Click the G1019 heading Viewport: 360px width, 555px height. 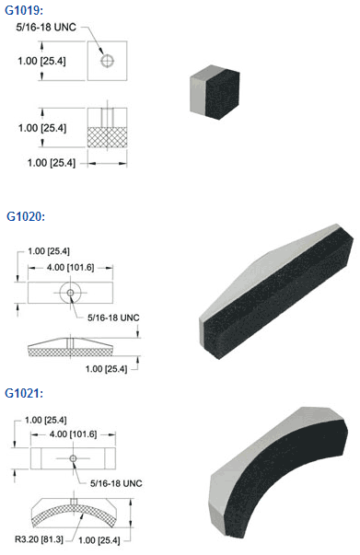[24, 10]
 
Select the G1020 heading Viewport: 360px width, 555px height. [26, 216]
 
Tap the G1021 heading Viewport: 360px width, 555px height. [24, 393]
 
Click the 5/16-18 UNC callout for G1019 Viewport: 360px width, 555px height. [46, 28]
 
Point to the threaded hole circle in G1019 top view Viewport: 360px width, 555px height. [107, 61]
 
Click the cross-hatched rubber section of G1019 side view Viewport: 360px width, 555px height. [107, 137]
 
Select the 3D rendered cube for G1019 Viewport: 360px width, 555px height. [215, 92]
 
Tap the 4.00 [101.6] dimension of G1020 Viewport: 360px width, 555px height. [71, 267]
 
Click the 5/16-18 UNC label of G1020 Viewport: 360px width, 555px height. [113, 318]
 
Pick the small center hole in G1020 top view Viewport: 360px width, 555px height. [71, 293]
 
